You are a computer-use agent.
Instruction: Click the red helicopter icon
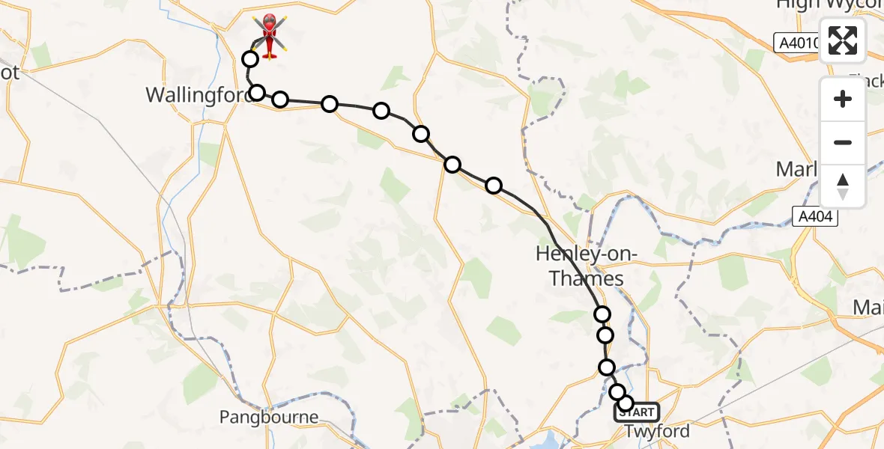[270, 35]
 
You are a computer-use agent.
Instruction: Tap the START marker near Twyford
[637, 412]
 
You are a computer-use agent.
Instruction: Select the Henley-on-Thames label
[587, 266]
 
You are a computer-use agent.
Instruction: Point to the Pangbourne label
[269, 417]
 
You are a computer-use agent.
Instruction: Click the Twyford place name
[657, 431]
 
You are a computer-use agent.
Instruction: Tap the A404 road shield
[815, 218]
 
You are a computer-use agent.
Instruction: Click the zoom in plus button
[843, 99]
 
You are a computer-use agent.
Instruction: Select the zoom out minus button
[843, 142]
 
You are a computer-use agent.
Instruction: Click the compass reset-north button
[843, 186]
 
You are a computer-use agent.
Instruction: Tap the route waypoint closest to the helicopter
[249, 58]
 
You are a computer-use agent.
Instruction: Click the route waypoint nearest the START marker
[626, 403]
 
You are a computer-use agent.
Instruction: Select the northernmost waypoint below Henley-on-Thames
[602, 314]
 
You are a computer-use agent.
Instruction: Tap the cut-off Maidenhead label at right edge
[869, 308]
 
